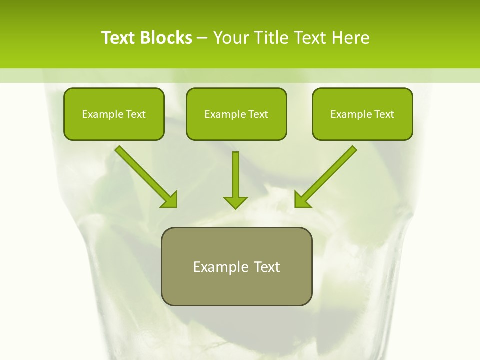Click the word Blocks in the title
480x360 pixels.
[167, 38]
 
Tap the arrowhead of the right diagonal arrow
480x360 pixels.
[302, 199]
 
